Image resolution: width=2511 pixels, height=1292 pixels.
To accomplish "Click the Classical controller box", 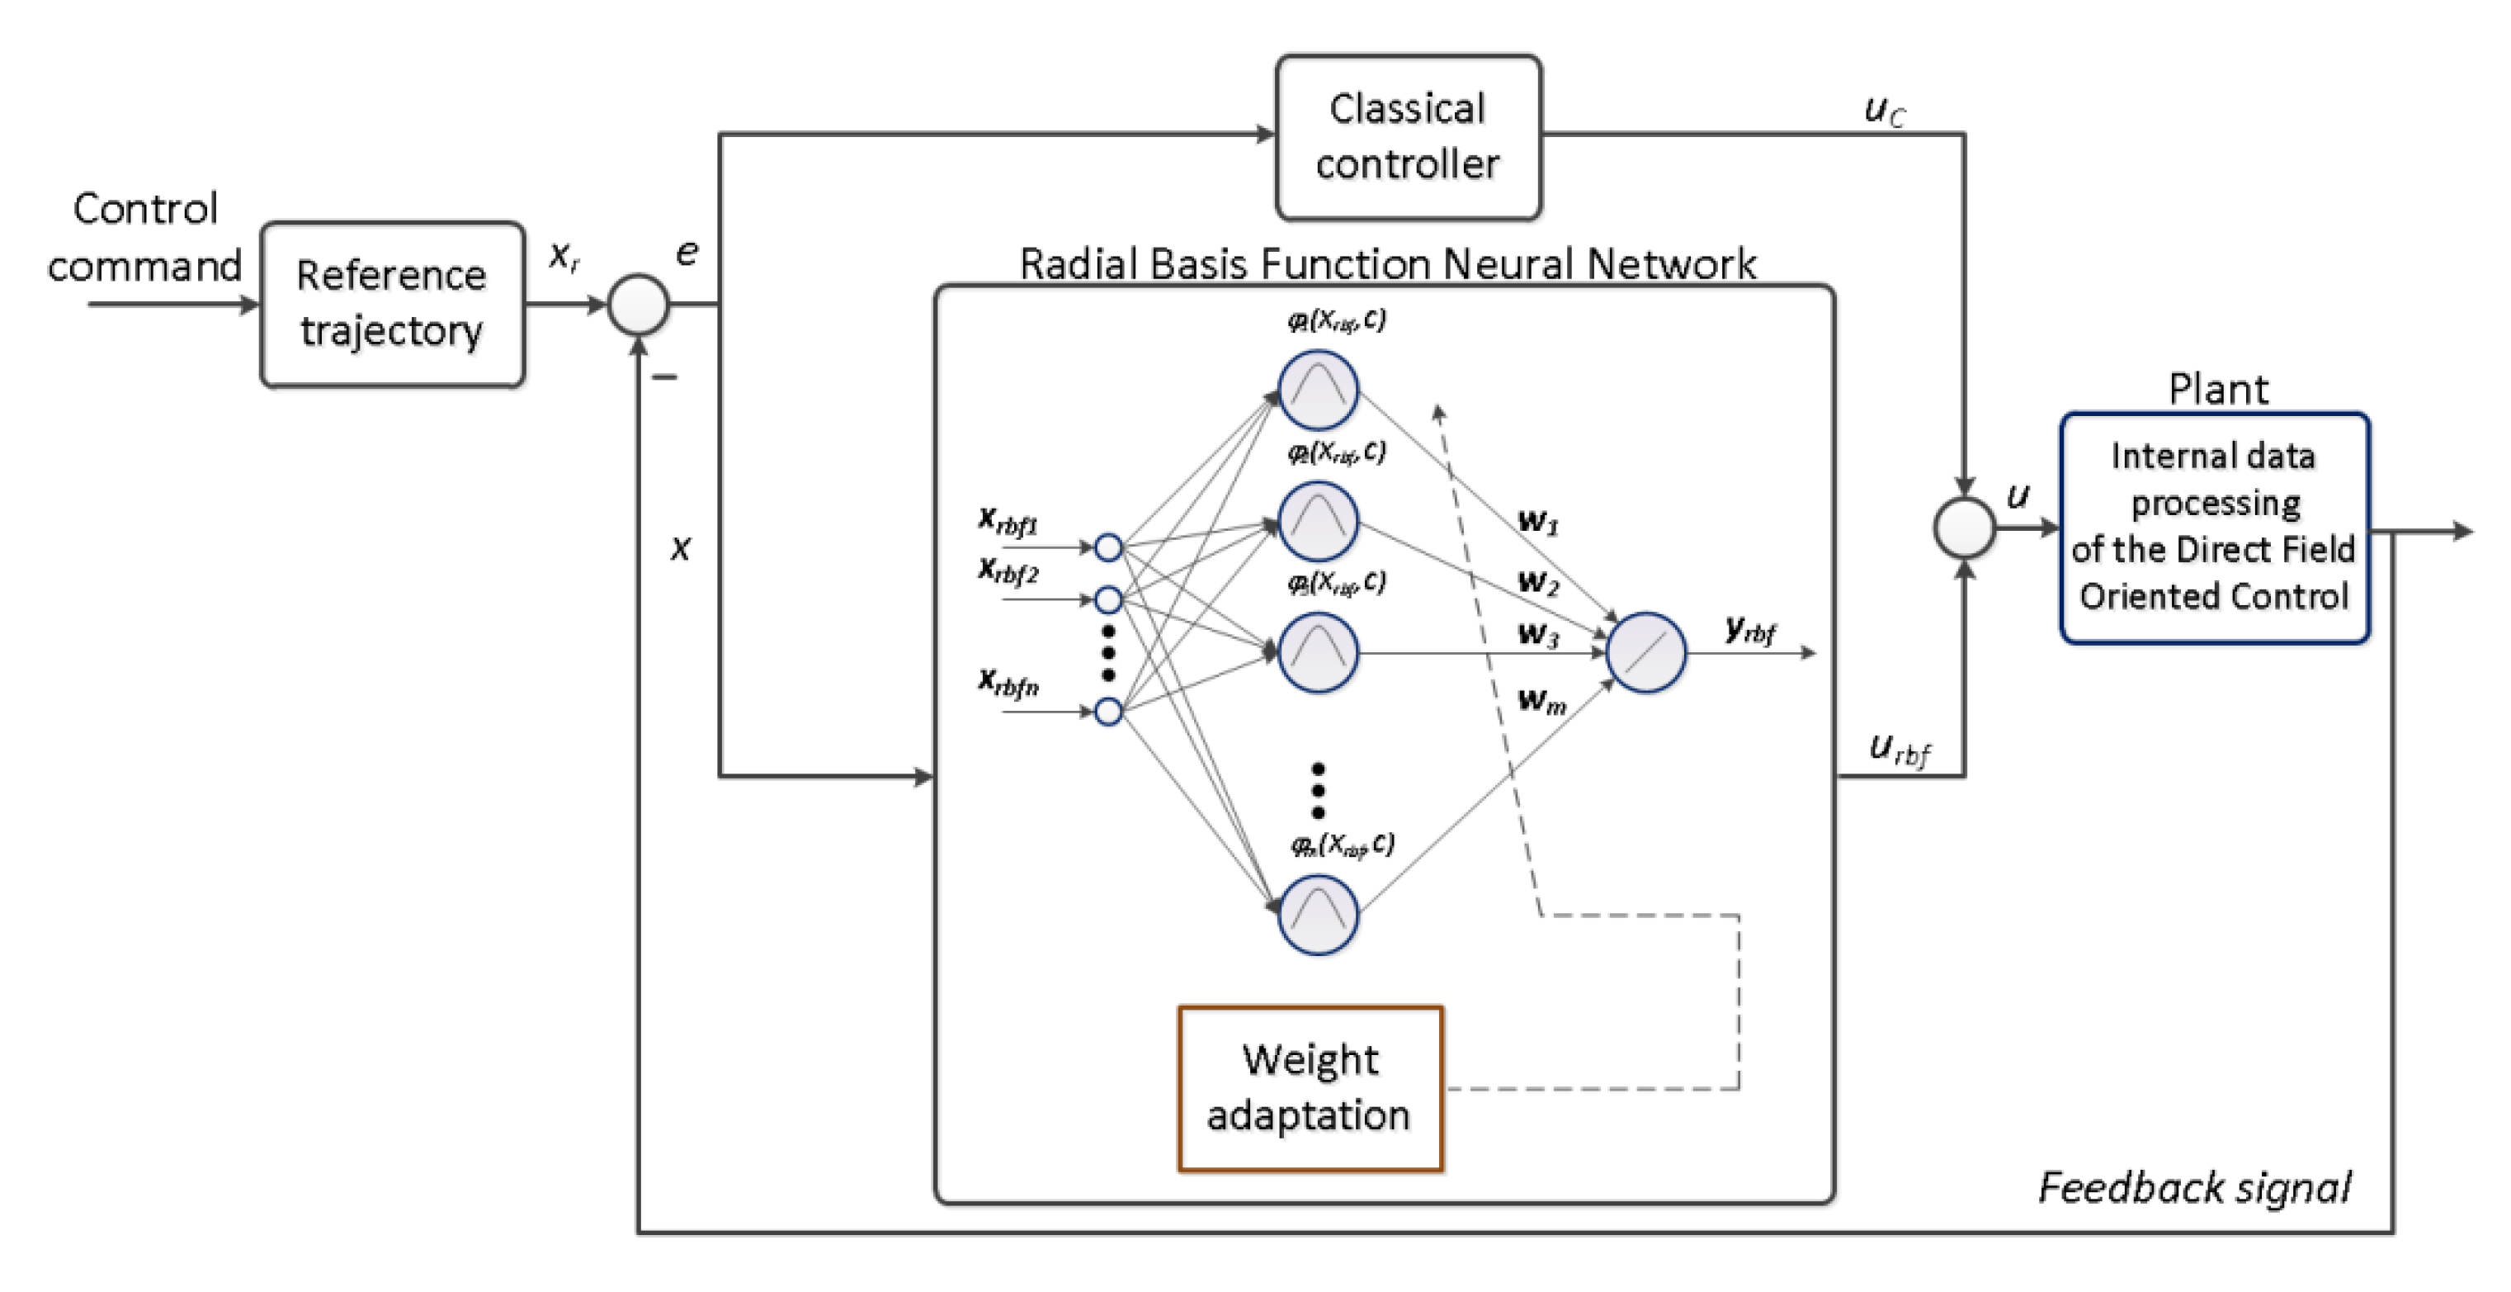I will click(x=1409, y=138).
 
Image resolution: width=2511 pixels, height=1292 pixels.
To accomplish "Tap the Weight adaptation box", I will click(x=1310, y=1088).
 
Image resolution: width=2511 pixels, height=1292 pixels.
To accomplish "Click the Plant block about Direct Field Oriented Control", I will click(x=2215, y=528).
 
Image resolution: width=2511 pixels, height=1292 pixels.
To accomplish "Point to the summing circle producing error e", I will click(x=639, y=305).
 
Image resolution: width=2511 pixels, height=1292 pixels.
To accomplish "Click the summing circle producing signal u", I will click(x=1964, y=528).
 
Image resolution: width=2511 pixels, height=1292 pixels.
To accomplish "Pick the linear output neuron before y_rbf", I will click(x=1645, y=652).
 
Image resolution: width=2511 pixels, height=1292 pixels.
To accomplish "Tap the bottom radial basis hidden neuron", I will click(x=1318, y=915).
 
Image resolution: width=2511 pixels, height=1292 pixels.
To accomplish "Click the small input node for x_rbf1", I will click(x=1108, y=547).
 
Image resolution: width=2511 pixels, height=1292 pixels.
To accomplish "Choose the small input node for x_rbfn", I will click(x=1108, y=712).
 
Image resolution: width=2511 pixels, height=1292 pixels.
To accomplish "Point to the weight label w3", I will click(x=1538, y=635).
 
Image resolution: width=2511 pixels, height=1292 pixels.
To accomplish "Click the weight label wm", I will click(x=1542, y=700).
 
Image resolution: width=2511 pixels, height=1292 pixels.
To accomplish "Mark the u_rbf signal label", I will click(x=1900, y=750).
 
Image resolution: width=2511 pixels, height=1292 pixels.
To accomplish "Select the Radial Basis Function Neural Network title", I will click(x=1387, y=264).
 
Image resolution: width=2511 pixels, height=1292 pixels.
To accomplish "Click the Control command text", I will click(x=144, y=237).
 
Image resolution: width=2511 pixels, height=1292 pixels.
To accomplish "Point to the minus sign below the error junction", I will click(x=665, y=377).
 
